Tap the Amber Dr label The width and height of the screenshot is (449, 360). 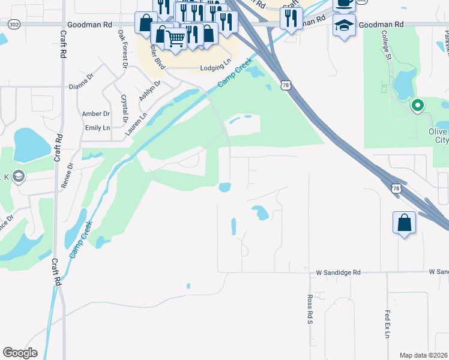pos(96,113)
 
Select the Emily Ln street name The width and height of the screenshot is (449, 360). pos(97,128)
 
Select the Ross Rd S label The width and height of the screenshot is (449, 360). pos(310,310)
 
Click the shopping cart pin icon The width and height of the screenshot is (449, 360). pos(175,38)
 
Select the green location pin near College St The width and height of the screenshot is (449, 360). pos(417,106)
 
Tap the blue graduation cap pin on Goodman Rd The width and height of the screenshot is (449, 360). pos(344,26)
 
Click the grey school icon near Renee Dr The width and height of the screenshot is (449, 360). pos(18,176)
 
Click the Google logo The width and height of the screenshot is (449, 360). pos(20,353)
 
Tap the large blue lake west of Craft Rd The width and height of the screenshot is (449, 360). pos(31,145)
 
